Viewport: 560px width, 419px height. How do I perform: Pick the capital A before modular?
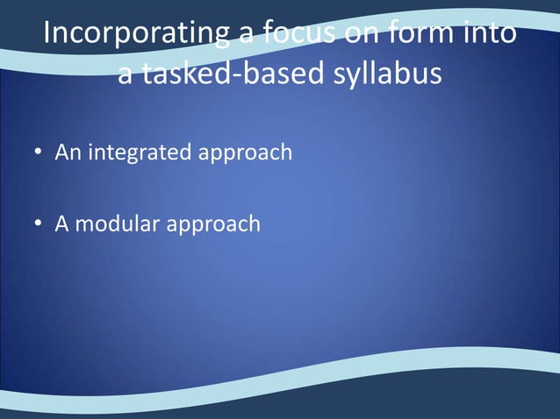[x=62, y=224]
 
